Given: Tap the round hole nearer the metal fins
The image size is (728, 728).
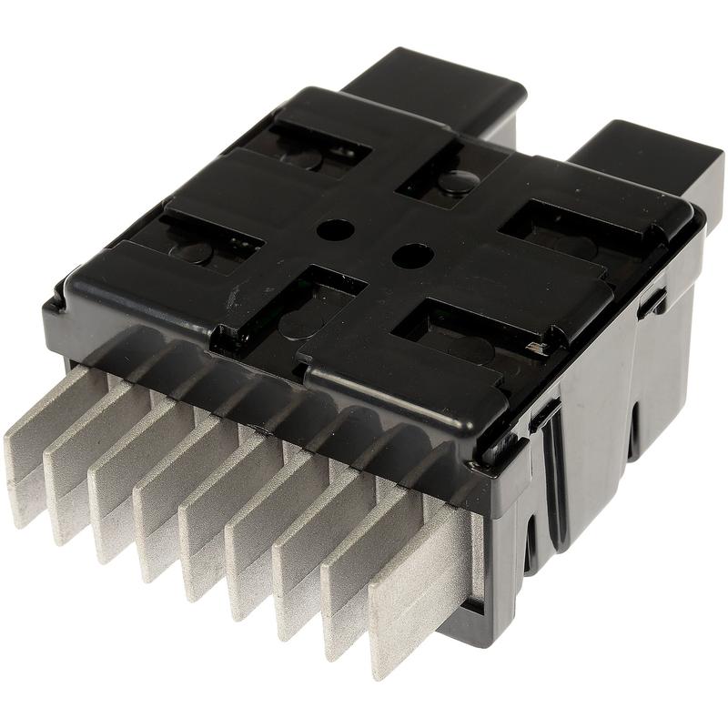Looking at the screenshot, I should (409, 255).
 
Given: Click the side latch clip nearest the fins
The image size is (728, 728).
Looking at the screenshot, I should (546, 414).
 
